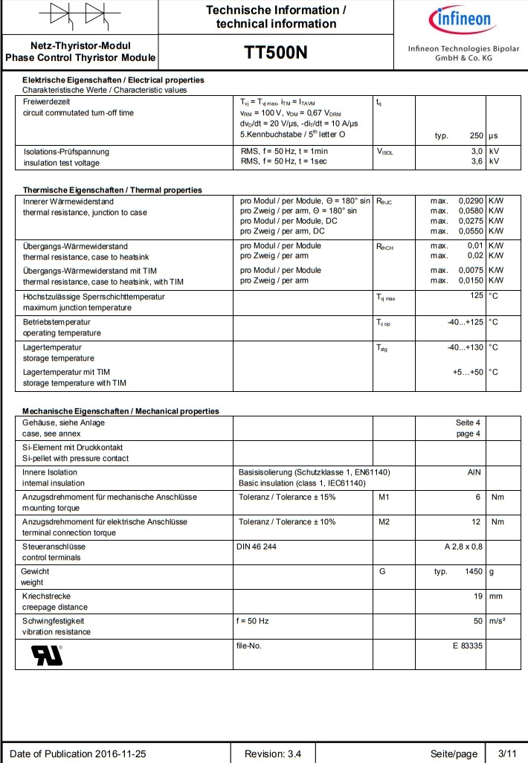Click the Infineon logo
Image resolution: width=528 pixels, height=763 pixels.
pos(458,19)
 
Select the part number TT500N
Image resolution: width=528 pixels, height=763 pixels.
pos(275,53)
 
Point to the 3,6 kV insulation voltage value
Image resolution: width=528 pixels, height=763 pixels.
pos(472,161)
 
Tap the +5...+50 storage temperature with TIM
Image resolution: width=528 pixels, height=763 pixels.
pos(468,372)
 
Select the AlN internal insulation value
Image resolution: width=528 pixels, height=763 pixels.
pos(474,472)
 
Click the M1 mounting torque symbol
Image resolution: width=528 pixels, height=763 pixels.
pos(384,497)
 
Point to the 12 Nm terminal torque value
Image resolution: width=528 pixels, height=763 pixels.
pos(476,521)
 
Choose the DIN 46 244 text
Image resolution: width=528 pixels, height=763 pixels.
pos(257,547)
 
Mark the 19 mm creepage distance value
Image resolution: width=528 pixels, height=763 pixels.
pos(477,596)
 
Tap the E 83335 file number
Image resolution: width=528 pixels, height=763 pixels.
pos(467,646)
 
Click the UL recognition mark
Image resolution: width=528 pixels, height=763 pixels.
pos(47,654)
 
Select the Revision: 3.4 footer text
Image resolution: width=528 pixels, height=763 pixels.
pos(273,753)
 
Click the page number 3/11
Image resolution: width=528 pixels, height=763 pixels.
pos(506,753)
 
